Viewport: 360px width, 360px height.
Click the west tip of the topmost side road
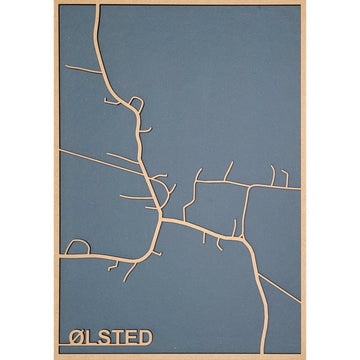point(66,67)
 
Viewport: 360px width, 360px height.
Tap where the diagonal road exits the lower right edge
point(299,299)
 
